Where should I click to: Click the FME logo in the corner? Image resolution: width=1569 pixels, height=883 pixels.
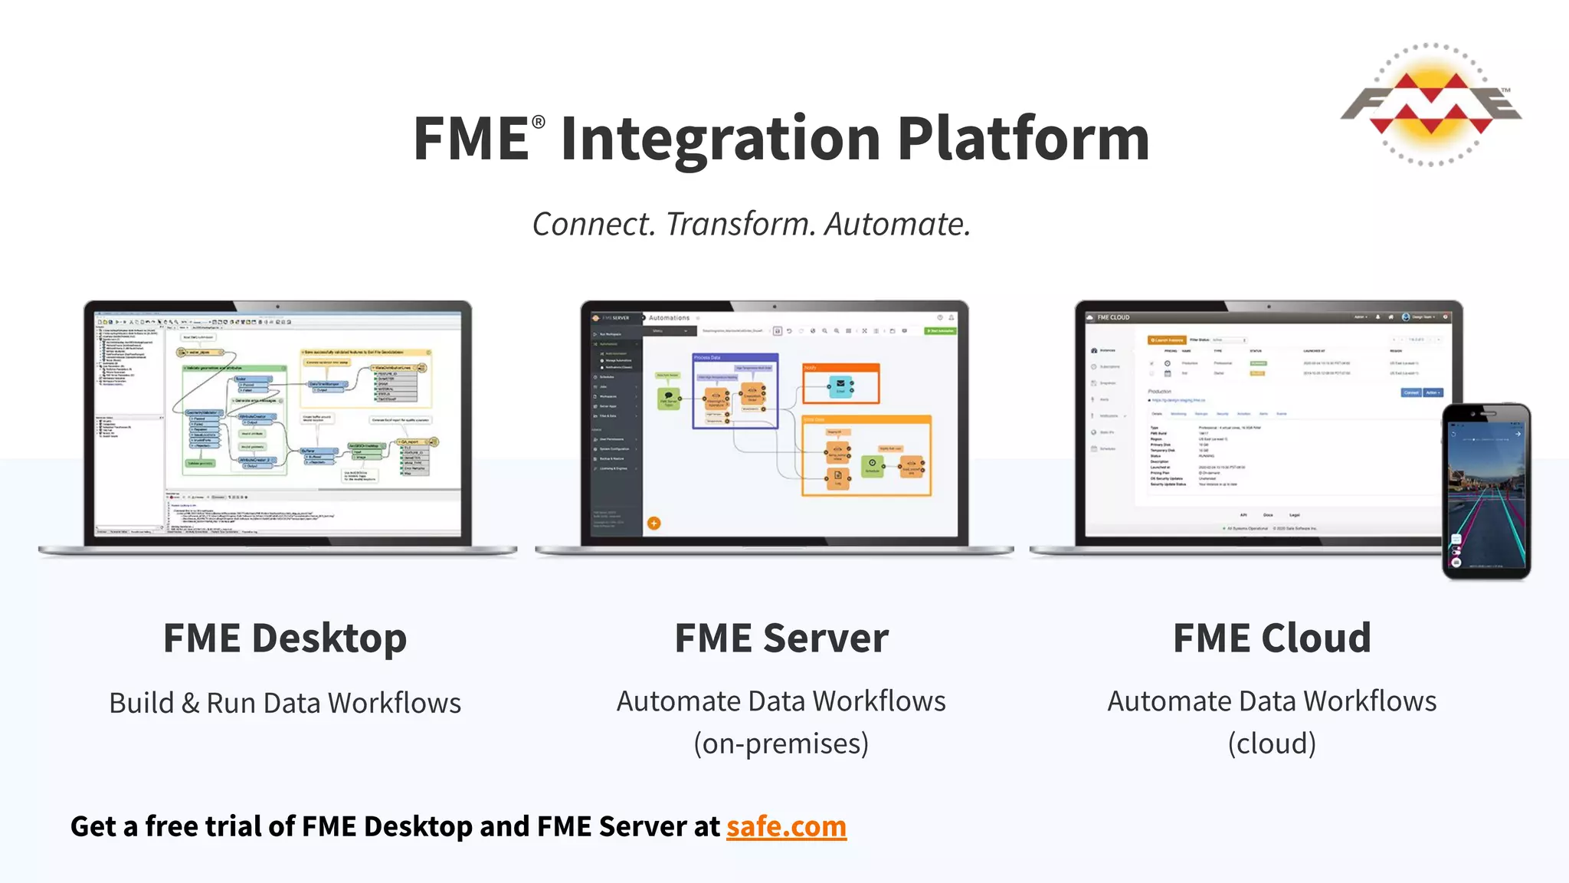[1430, 106]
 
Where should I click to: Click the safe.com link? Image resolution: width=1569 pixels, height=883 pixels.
[786, 826]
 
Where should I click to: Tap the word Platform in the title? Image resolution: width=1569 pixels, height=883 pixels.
[1023, 140]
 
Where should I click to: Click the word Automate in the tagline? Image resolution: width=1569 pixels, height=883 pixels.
[897, 225]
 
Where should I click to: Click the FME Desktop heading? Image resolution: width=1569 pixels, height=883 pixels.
[285, 638]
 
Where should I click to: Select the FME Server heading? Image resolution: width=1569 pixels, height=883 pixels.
[781, 638]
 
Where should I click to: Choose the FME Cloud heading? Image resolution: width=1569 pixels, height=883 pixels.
[1272, 638]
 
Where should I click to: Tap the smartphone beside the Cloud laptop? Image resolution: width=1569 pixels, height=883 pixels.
[1485, 491]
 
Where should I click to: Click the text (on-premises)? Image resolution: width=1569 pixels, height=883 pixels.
[781, 743]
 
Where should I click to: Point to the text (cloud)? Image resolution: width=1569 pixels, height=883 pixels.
[1272, 743]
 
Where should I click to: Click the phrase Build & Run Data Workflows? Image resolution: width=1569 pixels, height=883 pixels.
[285, 703]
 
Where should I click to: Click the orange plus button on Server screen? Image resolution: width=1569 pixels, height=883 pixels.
[653, 524]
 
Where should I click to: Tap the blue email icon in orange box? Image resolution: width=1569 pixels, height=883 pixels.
[840, 385]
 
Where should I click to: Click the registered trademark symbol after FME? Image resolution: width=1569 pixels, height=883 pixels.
[539, 122]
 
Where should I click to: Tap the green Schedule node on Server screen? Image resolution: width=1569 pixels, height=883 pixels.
[872, 464]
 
